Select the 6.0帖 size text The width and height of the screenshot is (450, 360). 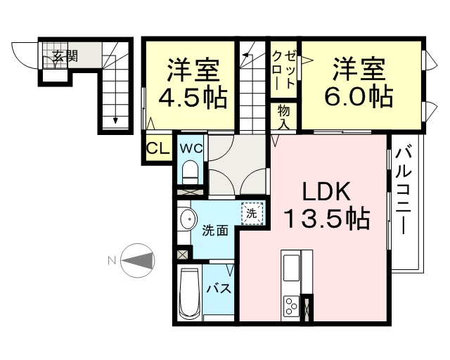pyautogui.click(x=359, y=96)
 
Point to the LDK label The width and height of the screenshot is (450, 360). pyautogui.click(x=327, y=191)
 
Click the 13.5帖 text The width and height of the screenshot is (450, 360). pyautogui.click(x=326, y=218)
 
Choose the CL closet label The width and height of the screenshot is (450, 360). pyautogui.click(x=157, y=148)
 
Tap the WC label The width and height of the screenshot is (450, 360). pyautogui.click(x=191, y=148)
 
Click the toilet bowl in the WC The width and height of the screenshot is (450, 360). pyautogui.click(x=190, y=172)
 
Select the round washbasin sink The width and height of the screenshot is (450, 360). pyautogui.click(x=189, y=219)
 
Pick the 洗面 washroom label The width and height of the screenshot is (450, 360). pyautogui.click(x=215, y=231)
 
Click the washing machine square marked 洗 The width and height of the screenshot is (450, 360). pyautogui.click(x=252, y=213)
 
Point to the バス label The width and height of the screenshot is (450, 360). pyautogui.click(x=219, y=288)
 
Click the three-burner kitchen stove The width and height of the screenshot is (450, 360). pyautogui.click(x=291, y=306)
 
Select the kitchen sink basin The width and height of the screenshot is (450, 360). pyautogui.click(x=291, y=268)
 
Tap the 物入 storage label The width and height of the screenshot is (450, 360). pyautogui.click(x=283, y=117)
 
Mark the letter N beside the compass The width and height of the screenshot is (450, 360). pyautogui.click(x=112, y=261)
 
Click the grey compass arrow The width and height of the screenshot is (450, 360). pyautogui.click(x=137, y=261)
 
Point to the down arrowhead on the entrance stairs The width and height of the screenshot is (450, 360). pyautogui.click(x=115, y=120)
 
